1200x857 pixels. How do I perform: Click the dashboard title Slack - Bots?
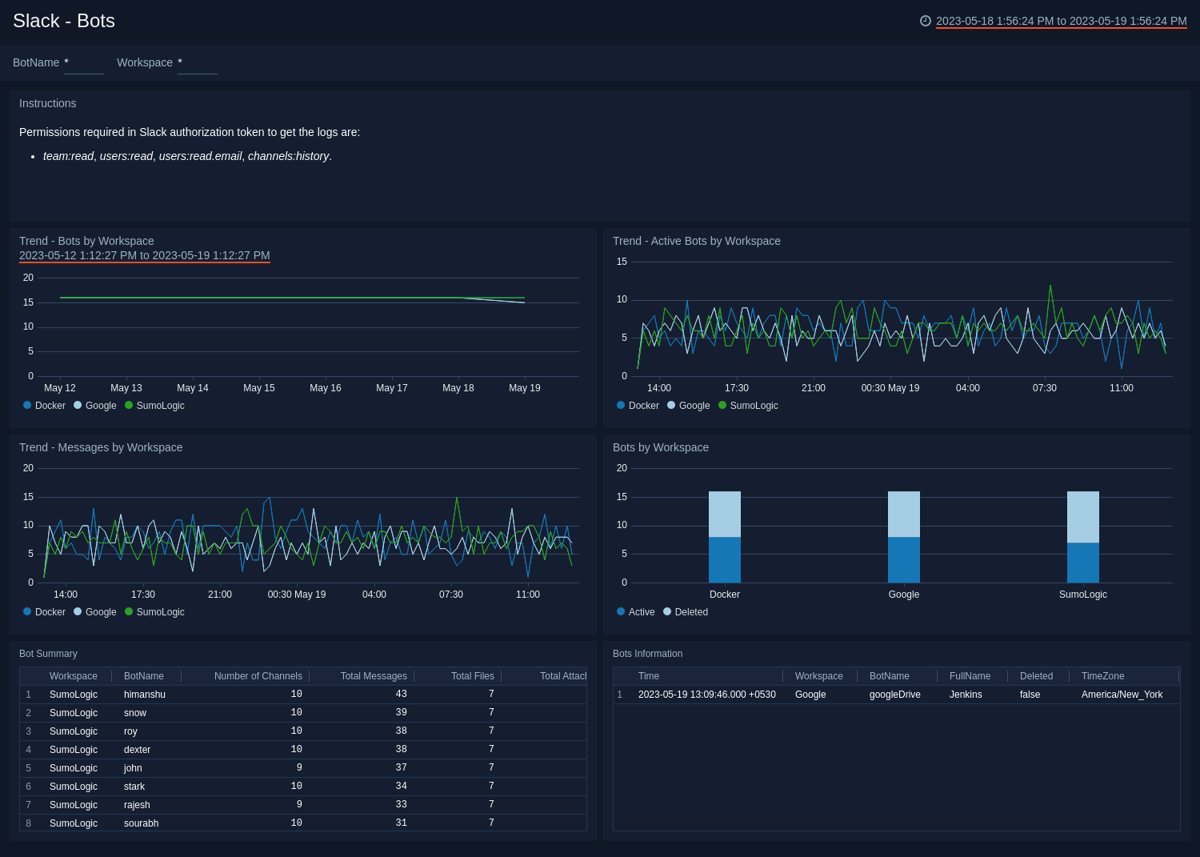click(64, 21)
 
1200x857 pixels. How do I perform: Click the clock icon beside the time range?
click(926, 21)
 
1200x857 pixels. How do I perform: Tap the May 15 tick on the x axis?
click(258, 388)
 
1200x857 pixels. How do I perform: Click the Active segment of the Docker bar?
click(725, 559)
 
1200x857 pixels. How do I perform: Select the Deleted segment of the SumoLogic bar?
click(1083, 517)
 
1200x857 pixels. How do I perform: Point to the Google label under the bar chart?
click(904, 595)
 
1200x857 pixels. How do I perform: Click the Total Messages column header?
click(374, 676)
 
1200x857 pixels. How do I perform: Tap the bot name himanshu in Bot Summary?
click(145, 695)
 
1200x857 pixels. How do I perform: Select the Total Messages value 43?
click(401, 695)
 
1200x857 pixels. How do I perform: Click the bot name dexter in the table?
click(137, 750)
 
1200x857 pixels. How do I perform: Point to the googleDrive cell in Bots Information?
click(894, 695)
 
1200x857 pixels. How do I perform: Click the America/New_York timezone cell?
click(1122, 695)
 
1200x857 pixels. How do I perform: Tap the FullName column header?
click(970, 676)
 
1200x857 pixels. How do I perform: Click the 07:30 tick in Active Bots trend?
click(1044, 388)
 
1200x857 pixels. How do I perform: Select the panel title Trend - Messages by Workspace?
click(101, 447)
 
